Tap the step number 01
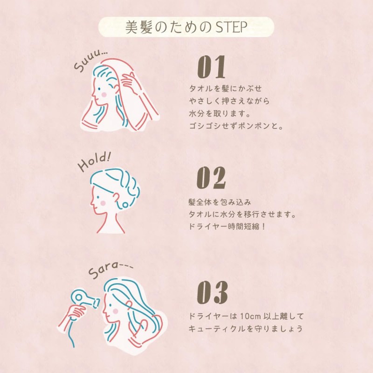[x=211, y=67]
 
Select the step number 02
[x=211, y=178]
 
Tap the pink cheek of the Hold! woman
[x=103, y=203]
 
